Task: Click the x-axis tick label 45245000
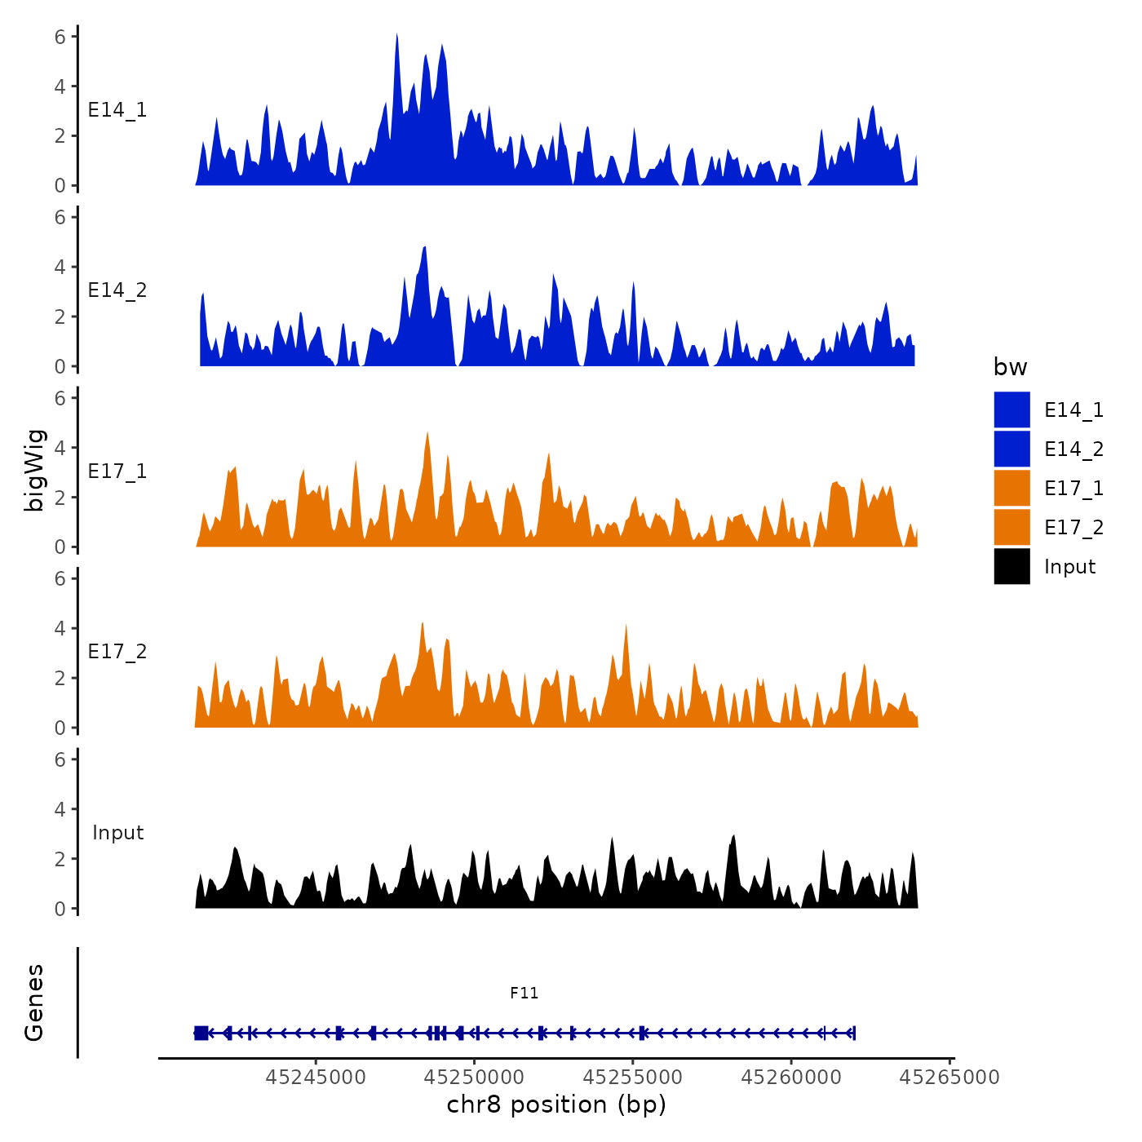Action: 316,1078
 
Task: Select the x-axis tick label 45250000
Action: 474,1078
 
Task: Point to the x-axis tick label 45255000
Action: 633,1078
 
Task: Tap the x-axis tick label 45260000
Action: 791,1078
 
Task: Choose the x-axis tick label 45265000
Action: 949,1078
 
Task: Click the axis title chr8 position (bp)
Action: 556,1105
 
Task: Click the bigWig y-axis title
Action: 34,471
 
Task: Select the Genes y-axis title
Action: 34,1003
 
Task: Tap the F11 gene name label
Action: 525,993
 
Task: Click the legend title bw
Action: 1010,368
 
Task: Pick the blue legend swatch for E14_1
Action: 1011,409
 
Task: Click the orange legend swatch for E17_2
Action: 1011,527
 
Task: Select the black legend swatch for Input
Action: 1011,566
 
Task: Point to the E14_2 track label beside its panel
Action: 117,290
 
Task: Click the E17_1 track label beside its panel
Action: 117,471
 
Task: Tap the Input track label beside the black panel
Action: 117,833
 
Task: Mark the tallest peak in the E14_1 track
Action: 396,36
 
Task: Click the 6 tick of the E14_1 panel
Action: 60,36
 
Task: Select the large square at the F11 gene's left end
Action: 201,1033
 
